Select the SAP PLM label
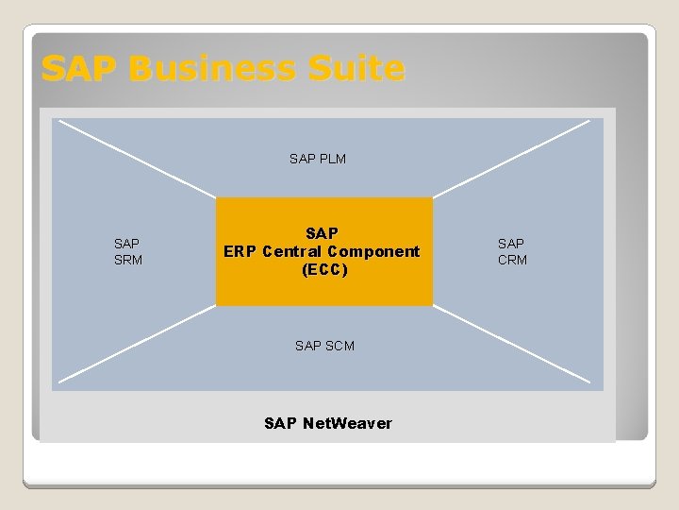pyautogui.click(x=318, y=159)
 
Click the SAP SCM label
pyautogui.click(x=324, y=346)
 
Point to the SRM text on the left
pyautogui.click(x=128, y=260)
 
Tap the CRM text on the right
pyautogui.click(x=512, y=260)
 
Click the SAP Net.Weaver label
pyautogui.click(x=328, y=423)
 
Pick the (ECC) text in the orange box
pyautogui.click(x=324, y=270)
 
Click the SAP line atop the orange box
pyautogui.click(x=323, y=233)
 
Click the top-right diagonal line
pyautogui.click(x=511, y=159)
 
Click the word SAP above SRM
pyautogui.click(x=127, y=244)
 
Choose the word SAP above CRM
pyautogui.click(x=511, y=244)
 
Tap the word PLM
pyautogui.click(x=331, y=159)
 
